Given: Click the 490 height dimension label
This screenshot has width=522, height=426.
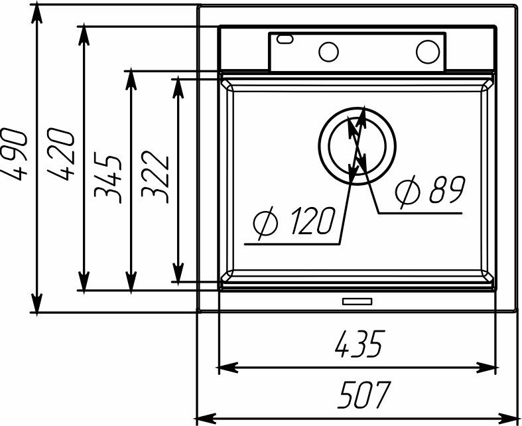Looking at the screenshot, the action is click(x=14, y=155).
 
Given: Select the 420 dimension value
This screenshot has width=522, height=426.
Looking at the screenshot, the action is click(x=60, y=154).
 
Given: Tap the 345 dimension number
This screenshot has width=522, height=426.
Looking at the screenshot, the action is click(x=107, y=178).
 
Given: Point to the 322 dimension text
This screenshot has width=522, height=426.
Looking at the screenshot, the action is click(x=155, y=177).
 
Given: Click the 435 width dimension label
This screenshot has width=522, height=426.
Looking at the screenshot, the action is click(x=359, y=344).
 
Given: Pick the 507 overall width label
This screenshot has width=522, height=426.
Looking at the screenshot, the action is click(x=363, y=394).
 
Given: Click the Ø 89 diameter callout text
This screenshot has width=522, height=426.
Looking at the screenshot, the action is click(x=430, y=190).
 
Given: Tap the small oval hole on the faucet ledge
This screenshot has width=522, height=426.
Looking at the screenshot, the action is click(x=285, y=39).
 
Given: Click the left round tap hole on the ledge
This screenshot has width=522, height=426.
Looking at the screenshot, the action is click(x=328, y=52).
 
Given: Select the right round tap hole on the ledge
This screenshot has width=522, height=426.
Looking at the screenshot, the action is click(x=428, y=52).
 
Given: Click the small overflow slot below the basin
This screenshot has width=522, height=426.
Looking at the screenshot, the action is click(x=358, y=301).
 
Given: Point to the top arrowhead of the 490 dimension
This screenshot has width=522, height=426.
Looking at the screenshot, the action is click(x=36, y=14).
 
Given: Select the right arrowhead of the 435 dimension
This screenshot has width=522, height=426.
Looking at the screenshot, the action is click(x=488, y=368).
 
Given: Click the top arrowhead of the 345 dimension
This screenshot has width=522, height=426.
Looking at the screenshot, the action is click(x=131, y=80).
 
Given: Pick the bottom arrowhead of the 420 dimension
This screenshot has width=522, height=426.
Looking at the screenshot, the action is click(x=84, y=282).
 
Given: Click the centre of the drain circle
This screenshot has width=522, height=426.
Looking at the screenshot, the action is click(x=358, y=145).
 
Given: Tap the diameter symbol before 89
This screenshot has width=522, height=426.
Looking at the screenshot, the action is click(x=408, y=191).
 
